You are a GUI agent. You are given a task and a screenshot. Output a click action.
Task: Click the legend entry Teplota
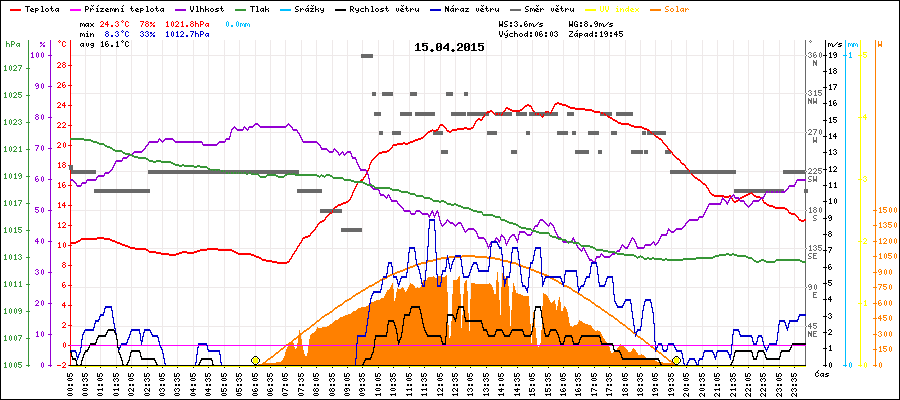tap(41, 8)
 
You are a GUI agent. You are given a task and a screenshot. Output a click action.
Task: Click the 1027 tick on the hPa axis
tap(12, 68)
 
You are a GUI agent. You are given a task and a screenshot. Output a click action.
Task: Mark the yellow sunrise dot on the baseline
tap(255, 360)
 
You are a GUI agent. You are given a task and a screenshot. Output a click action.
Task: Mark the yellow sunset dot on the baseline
tap(677, 360)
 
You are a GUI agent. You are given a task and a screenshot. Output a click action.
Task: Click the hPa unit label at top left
tap(12, 45)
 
